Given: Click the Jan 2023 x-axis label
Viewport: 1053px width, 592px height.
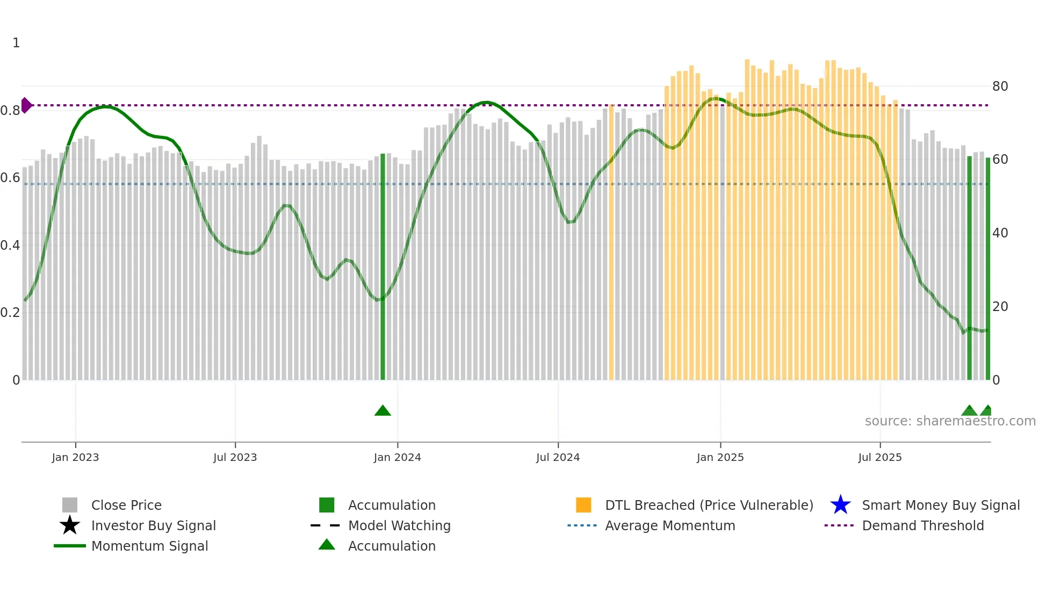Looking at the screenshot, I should click(75, 457).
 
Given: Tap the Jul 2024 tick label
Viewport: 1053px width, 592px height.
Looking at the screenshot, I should click(558, 457).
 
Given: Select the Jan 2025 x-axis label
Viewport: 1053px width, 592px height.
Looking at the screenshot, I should click(720, 457).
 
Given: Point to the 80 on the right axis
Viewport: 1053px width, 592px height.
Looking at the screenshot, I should click(1000, 86).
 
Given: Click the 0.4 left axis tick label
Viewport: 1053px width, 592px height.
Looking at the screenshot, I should click(10, 246).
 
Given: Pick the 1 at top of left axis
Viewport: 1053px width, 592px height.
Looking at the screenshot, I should click(16, 43).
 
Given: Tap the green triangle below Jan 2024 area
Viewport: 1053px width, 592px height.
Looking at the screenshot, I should click(383, 411).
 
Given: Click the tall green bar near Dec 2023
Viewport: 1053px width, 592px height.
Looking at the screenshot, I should click(383, 269).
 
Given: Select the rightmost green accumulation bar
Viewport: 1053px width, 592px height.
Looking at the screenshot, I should click(987, 269).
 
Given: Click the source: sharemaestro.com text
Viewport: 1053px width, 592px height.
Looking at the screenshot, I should click(950, 421).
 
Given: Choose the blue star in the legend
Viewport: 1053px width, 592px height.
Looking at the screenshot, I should click(840, 505).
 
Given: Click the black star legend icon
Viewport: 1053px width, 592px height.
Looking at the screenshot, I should click(70, 525).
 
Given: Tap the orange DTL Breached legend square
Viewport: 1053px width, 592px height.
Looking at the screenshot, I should click(583, 505).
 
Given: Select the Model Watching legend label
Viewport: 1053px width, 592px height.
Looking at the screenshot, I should click(399, 525).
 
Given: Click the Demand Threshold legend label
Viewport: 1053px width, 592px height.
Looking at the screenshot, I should click(922, 525).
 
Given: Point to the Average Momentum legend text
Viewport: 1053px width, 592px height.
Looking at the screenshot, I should click(670, 525).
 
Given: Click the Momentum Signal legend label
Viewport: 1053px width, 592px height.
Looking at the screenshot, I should click(149, 546).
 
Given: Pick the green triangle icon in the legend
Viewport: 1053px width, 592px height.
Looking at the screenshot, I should click(327, 545).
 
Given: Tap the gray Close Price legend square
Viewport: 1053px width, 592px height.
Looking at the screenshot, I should click(70, 505).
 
